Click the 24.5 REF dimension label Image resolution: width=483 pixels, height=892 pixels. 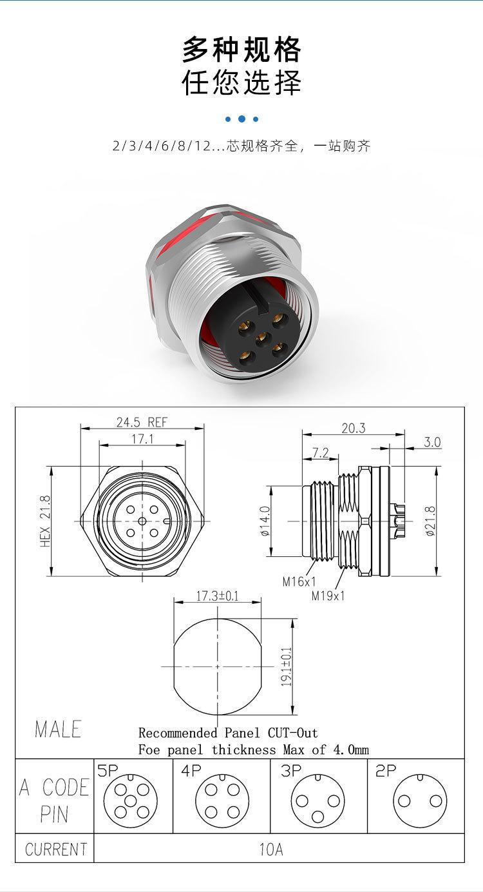click(x=142, y=422)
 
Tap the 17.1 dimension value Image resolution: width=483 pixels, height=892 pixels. click(x=142, y=439)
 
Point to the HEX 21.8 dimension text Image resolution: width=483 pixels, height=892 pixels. click(x=45, y=521)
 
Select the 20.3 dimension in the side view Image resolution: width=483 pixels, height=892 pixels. click(x=354, y=428)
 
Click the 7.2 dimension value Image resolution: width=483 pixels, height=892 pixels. click(x=320, y=453)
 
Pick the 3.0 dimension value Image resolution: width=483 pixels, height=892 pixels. click(x=432, y=442)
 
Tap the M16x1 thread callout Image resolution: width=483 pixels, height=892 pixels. click(x=299, y=582)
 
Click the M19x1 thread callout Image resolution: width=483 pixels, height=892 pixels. click(x=328, y=596)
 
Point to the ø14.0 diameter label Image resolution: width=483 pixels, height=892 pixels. click(x=265, y=521)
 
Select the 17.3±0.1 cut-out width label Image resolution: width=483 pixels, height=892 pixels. click(x=217, y=596)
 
